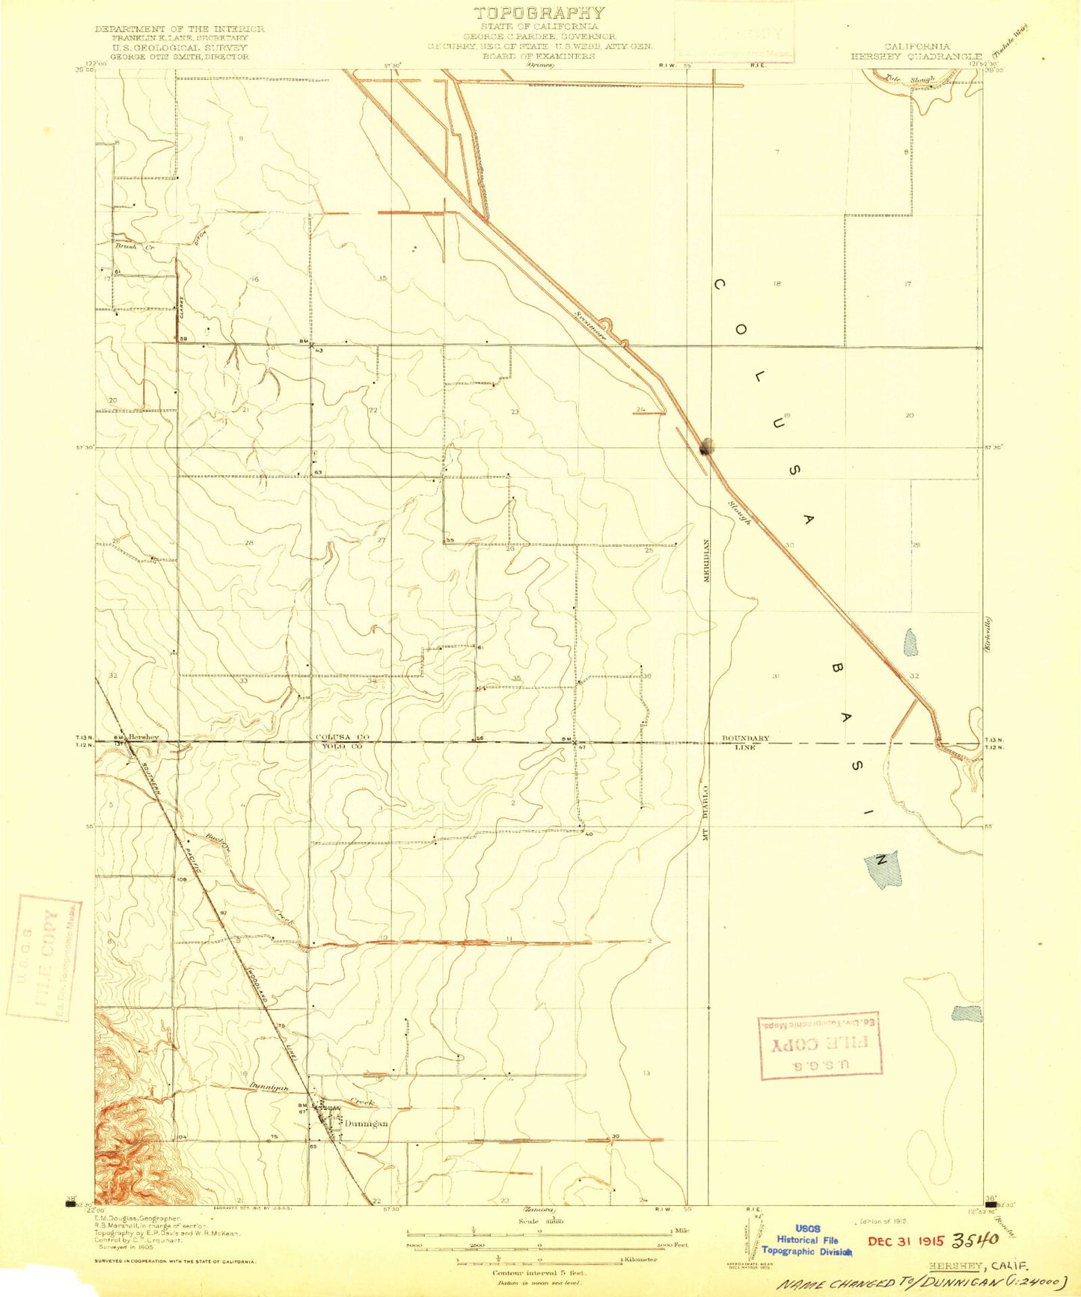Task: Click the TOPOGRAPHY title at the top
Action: pyautogui.click(x=539, y=13)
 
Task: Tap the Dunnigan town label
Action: pyautogui.click(x=366, y=1123)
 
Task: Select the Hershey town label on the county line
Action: pyautogui.click(x=143, y=737)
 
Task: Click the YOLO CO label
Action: pyautogui.click(x=341, y=746)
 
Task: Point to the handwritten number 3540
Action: pyautogui.click(x=975, y=1239)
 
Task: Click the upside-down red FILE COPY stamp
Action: pyautogui.click(x=820, y=1046)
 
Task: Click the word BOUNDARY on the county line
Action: pyautogui.click(x=745, y=739)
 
